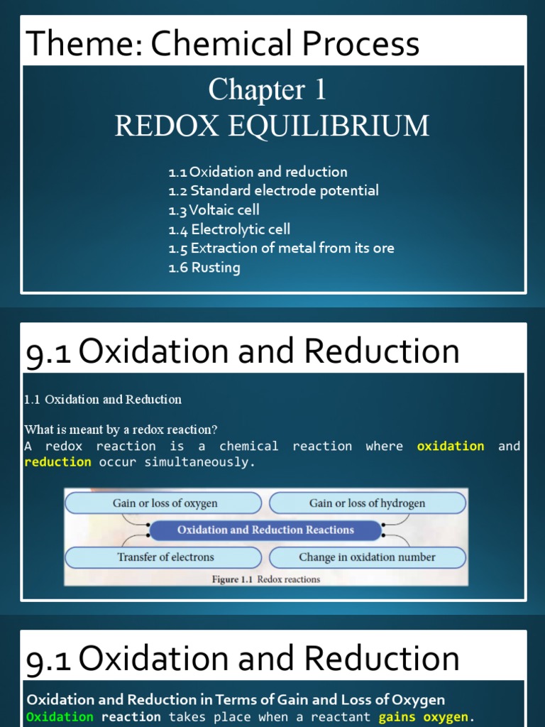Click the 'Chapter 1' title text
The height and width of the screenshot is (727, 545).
click(268, 90)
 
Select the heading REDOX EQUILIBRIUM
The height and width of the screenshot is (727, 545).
click(272, 126)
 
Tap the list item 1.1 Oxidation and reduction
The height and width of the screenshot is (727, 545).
click(258, 172)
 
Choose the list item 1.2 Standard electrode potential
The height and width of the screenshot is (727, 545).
click(273, 190)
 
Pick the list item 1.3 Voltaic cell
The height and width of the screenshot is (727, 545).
click(214, 209)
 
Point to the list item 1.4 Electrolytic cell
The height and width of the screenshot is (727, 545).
click(229, 229)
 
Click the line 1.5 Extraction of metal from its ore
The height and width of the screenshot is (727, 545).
click(281, 248)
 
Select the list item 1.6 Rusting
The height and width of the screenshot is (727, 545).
click(204, 268)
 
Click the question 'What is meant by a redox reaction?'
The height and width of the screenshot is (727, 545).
click(121, 430)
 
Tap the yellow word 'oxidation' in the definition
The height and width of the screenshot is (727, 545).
click(451, 446)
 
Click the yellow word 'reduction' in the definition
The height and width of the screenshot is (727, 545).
click(58, 462)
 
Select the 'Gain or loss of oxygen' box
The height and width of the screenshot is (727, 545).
click(165, 503)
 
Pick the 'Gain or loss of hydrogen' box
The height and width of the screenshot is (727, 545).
click(367, 503)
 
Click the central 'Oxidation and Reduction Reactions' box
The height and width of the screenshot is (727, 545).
click(265, 530)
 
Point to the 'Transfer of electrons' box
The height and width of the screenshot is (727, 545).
click(165, 557)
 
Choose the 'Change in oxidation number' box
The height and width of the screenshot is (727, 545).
click(367, 557)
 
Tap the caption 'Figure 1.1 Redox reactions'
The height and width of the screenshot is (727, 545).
click(266, 579)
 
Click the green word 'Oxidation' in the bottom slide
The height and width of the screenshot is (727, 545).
click(60, 717)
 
